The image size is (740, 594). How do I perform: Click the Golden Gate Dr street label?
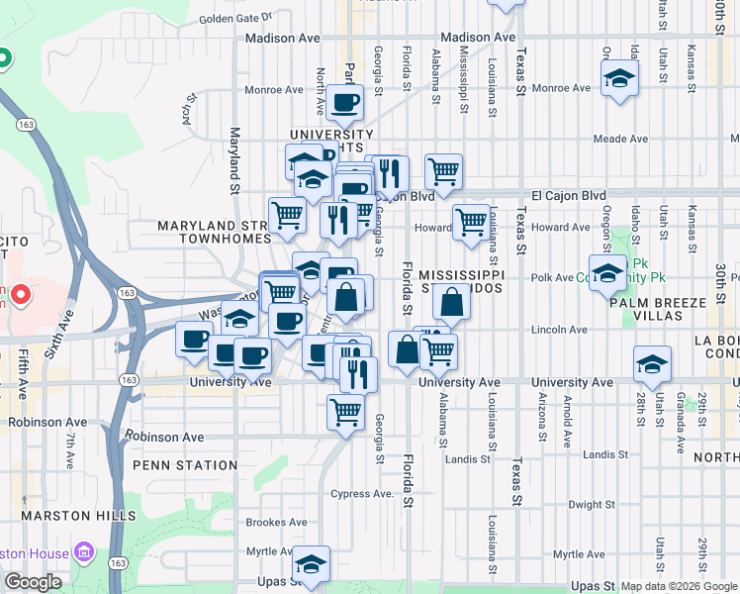[x=235, y=18]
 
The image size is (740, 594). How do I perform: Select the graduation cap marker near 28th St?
[x=652, y=365]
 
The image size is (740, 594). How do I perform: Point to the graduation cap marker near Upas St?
[x=311, y=564]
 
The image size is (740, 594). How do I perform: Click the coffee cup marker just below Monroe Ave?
[x=345, y=102]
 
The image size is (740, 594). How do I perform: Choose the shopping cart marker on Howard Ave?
[x=471, y=221]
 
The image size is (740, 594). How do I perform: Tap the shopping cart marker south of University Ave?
[x=345, y=410]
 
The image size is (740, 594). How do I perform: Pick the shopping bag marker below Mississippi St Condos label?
[x=451, y=303]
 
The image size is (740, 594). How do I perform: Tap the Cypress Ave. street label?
[x=363, y=493]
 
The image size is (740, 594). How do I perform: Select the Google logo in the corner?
[x=33, y=582]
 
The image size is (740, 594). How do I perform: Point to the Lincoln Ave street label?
[x=559, y=329]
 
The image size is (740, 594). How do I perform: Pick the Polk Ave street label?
[x=553, y=278]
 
